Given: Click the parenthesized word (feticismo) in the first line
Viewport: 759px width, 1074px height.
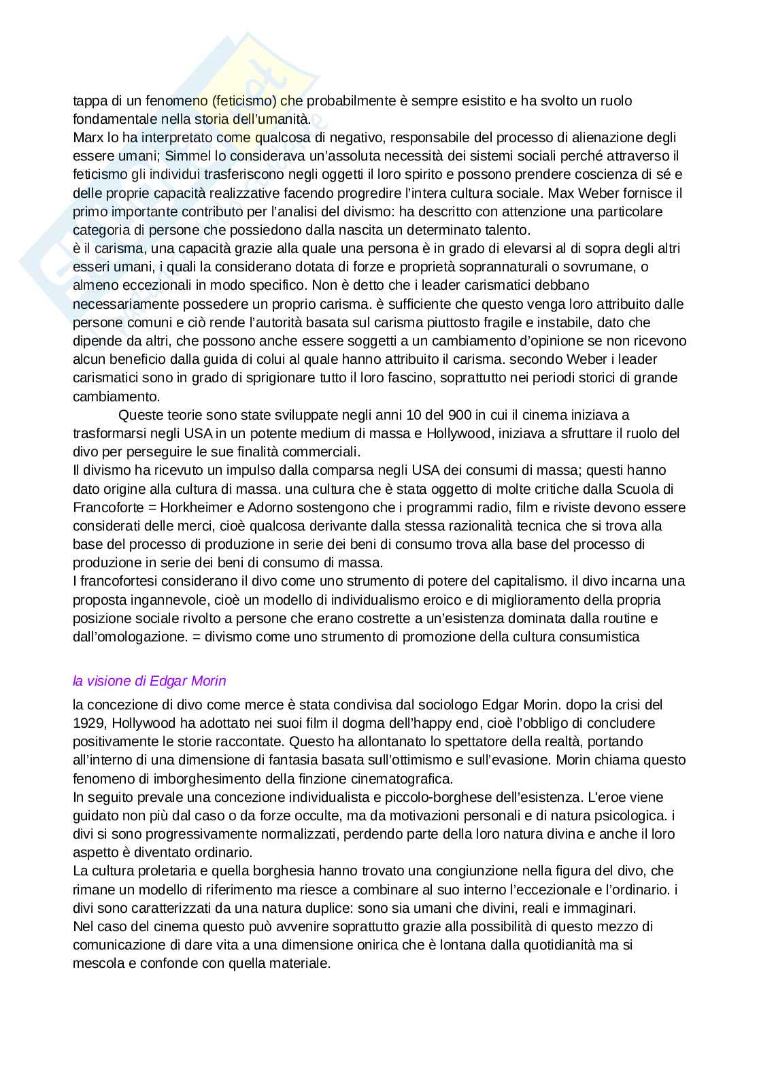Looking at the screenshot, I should pyautogui.click(x=244, y=101).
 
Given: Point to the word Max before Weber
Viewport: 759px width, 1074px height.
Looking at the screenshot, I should pyautogui.click(x=560, y=193).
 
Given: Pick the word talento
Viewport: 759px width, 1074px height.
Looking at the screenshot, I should pyautogui.click(x=505, y=230).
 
